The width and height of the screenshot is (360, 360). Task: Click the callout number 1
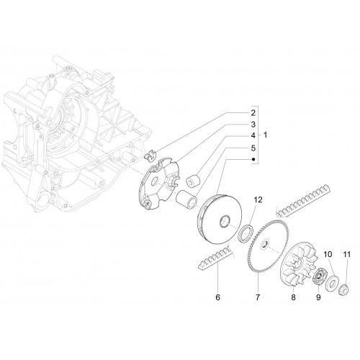[265, 135]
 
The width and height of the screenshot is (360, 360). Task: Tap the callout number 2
[253, 113]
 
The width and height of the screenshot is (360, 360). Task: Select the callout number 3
[253, 125]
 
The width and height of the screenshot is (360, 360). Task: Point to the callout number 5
[253, 148]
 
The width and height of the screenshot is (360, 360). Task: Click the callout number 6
[217, 297]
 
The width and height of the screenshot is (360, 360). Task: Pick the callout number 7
[258, 297]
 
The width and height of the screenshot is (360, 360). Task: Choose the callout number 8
[293, 297]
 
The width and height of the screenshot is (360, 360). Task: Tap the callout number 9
[318, 297]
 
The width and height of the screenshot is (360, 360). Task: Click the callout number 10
[328, 254]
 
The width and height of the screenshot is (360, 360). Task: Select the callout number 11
[347, 254]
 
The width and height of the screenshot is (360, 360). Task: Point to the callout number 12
[258, 199]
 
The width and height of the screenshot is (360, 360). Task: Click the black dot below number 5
[253, 159]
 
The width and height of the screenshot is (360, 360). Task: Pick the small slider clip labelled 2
[150, 155]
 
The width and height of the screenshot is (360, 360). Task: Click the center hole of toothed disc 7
[265, 244]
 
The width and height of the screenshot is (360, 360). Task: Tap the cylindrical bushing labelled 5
[186, 198]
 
